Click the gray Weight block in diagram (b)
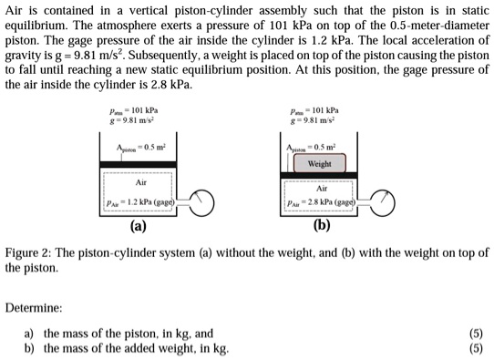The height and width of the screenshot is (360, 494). click(x=319, y=165)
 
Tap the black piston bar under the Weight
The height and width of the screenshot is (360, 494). click(x=320, y=175)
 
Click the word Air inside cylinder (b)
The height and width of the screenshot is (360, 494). click(x=320, y=190)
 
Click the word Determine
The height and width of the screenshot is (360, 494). click(x=35, y=309)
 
